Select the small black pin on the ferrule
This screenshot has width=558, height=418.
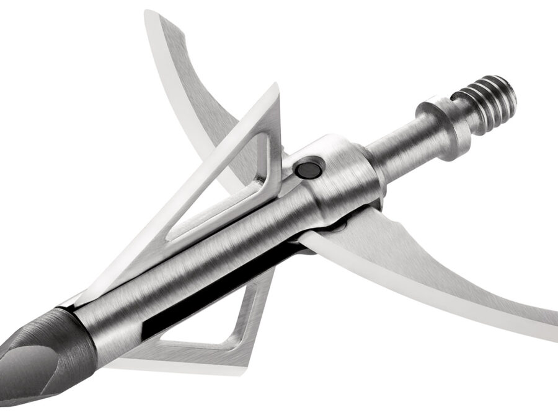point(306,168)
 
